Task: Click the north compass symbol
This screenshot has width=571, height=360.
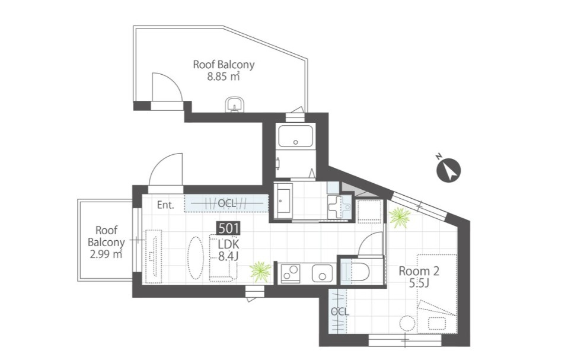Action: coord(449,170)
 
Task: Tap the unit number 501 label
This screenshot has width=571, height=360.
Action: coord(228,228)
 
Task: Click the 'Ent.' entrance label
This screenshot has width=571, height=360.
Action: coord(165,205)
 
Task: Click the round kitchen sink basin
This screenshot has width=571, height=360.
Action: coord(323,273)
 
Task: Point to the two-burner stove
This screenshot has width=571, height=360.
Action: coord(290,273)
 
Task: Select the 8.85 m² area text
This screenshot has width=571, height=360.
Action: coord(223,77)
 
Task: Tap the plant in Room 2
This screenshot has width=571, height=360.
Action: coord(400,217)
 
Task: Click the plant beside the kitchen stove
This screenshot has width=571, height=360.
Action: coord(261,272)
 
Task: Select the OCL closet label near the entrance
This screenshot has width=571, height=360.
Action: coord(227,203)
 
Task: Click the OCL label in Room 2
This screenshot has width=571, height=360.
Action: coord(340,312)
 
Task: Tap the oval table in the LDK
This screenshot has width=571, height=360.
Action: coord(195,259)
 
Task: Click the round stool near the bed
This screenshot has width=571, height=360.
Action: coord(407,323)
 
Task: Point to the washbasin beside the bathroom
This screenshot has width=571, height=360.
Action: coord(339,208)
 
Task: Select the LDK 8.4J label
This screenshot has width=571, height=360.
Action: coord(228,250)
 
